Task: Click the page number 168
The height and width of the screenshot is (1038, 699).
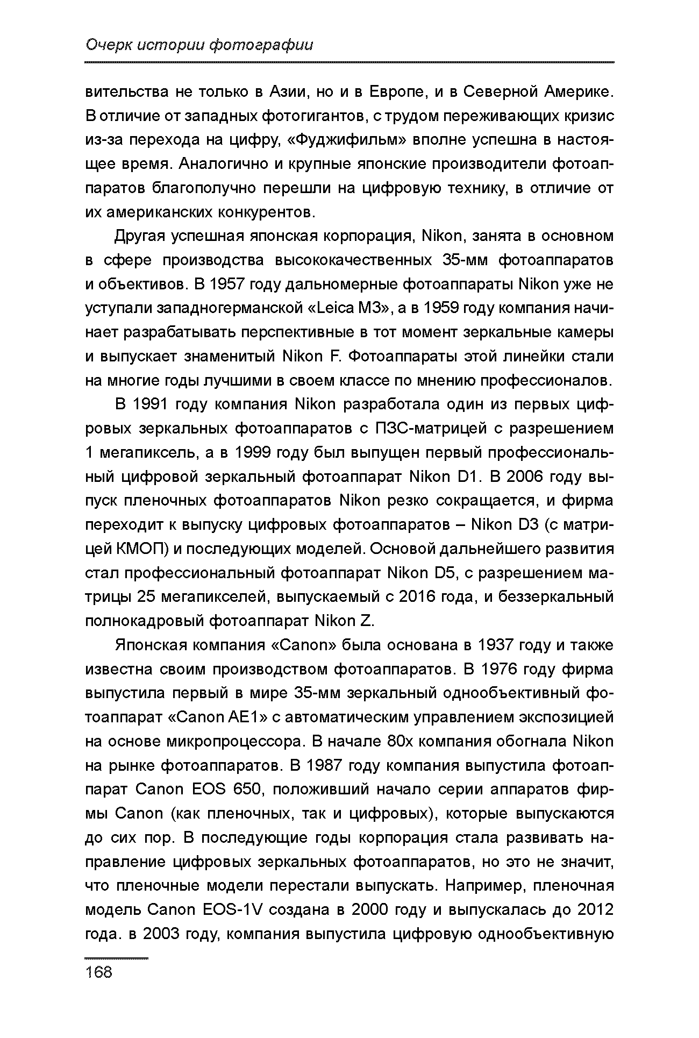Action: coord(99,972)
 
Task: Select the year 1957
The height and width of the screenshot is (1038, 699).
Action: coord(235,284)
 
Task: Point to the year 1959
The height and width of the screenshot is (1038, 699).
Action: coord(446,308)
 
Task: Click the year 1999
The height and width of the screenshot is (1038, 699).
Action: coord(253,453)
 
